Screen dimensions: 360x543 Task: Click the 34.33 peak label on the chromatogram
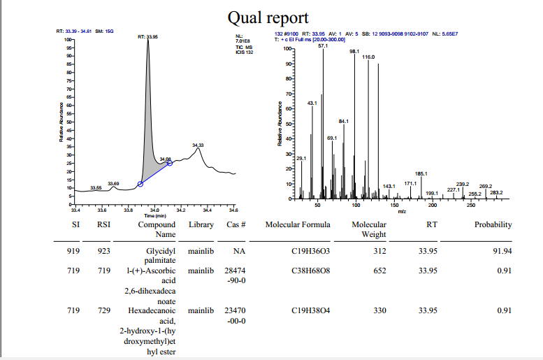[x=198, y=145]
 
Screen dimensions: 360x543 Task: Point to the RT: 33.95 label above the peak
[x=147, y=36]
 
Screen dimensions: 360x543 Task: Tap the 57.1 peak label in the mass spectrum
[x=323, y=45]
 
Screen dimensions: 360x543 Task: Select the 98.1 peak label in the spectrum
[x=354, y=51]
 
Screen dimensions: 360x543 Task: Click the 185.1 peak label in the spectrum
[x=421, y=173]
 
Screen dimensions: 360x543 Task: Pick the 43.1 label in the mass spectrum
[x=312, y=103]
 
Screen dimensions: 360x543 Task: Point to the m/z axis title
[x=402, y=210]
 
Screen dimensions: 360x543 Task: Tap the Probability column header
[x=493, y=225]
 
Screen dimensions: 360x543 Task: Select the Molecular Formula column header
[x=296, y=225]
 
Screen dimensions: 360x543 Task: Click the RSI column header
[x=104, y=225]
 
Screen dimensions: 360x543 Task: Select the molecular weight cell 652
[x=379, y=270]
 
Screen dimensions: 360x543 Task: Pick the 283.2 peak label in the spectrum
[x=496, y=192]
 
